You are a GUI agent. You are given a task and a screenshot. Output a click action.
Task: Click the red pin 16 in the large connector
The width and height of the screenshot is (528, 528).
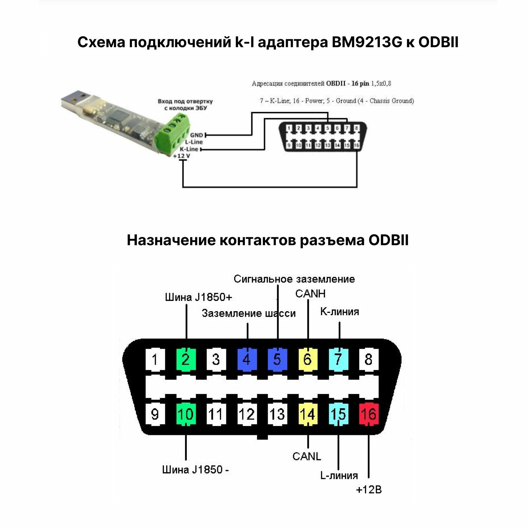tap(368, 414)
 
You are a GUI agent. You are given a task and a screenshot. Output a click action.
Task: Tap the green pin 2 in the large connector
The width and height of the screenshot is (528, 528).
tap(186, 359)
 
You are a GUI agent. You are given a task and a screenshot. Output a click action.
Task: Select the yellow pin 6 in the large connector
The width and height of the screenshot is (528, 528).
tap(308, 359)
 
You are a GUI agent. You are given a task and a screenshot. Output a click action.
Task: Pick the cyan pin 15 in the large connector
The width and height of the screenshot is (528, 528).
tap(338, 414)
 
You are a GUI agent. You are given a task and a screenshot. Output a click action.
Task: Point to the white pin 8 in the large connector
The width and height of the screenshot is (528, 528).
tap(368, 359)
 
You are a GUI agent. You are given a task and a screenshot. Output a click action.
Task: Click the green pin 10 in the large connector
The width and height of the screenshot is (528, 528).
tap(186, 414)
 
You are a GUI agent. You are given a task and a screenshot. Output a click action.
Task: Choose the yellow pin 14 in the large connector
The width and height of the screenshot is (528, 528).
tap(308, 414)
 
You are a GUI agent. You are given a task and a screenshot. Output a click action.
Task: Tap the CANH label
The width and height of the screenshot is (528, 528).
tap(310, 293)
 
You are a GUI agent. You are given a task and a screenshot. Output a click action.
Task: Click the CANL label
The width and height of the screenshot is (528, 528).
tap(307, 456)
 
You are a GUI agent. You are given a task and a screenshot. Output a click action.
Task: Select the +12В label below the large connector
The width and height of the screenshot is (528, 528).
tap(369, 489)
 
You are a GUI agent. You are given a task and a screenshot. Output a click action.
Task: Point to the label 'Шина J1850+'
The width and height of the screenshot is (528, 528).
tap(198, 297)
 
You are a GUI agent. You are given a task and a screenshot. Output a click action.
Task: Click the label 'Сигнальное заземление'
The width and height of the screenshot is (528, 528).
tap(294, 279)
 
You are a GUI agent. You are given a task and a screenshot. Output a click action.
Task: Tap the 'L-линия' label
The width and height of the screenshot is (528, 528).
tap(339, 475)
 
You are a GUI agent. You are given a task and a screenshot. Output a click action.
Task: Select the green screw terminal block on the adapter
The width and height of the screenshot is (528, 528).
tap(173, 134)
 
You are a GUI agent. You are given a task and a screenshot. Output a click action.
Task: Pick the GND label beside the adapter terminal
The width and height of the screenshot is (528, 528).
tap(196, 135)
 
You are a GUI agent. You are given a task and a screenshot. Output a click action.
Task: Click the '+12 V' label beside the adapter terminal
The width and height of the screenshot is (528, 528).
tap(181, 156)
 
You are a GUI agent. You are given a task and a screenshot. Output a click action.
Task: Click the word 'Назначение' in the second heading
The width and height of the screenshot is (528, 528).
tap(171, 240)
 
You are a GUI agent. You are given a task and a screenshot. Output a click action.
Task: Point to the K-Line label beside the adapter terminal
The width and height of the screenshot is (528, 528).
tap(189, 149)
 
